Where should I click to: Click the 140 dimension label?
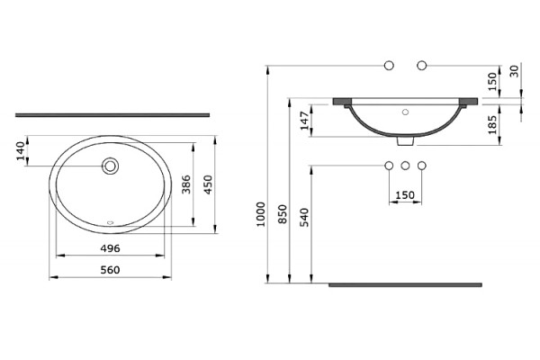22,151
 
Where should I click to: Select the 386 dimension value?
186,184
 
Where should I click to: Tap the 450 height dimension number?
209,184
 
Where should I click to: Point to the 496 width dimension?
110,248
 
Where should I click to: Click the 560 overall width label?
110,270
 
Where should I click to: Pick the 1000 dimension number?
261,214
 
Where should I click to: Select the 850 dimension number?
283,214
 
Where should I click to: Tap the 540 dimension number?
304,217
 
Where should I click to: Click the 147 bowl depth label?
304,121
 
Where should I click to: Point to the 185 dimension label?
492,124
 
